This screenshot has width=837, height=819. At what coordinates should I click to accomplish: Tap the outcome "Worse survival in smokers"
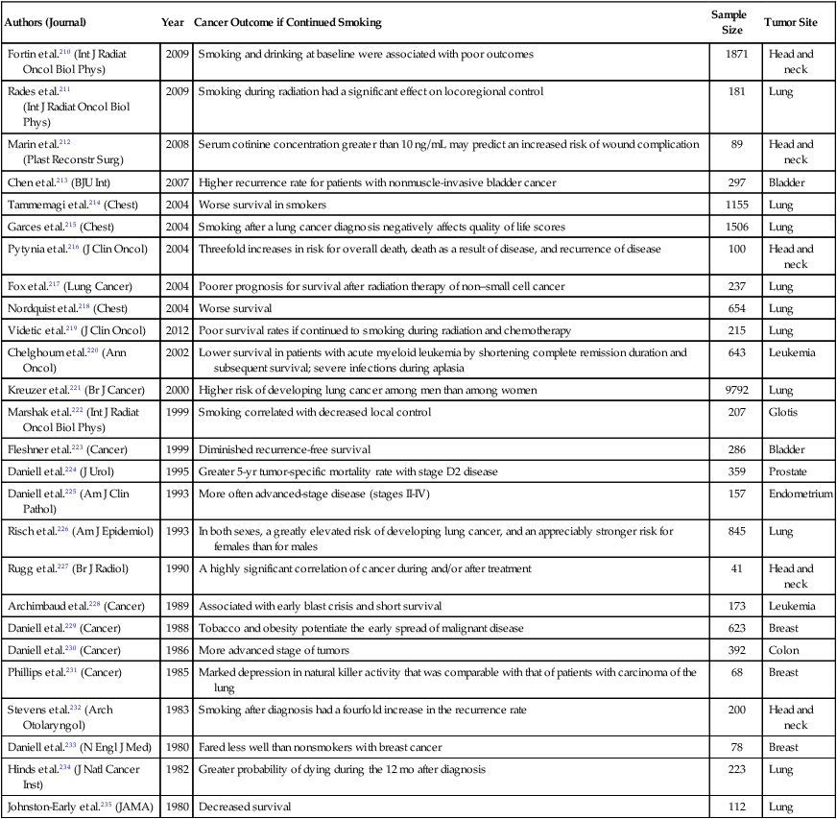[264, 205]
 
